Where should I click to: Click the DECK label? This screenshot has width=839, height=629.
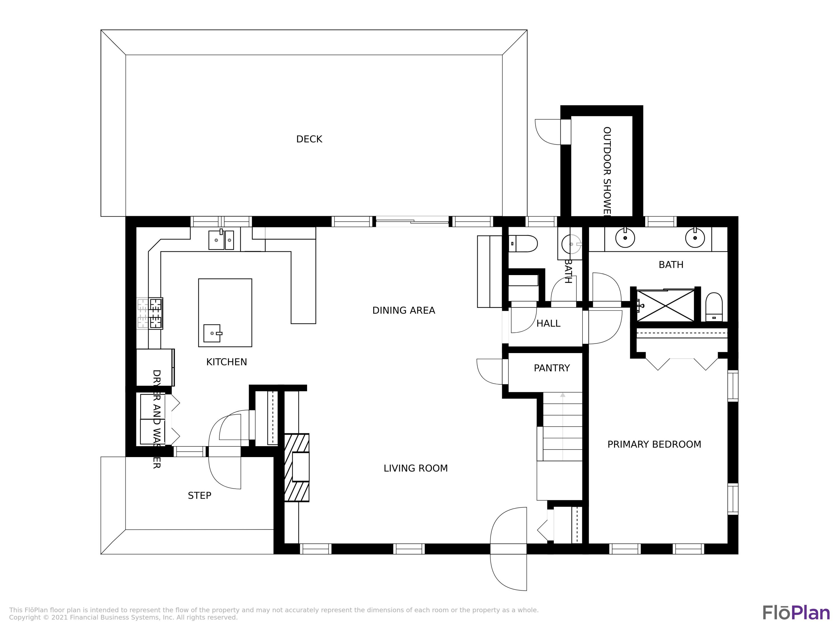pyautogui.click(x=309, y=139)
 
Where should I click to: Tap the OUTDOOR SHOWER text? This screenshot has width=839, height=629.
pyautogui.click(x=607, y=171)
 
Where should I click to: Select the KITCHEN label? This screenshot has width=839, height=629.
pyautogui.click(x=227, y=362)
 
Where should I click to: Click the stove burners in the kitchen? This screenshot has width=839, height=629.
pyautogui.click(x=155, y=313)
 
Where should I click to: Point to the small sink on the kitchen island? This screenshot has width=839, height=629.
pyautogui.click(x=212, y=333)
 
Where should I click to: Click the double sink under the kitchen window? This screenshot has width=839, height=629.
pyautogui.click(x=221, y=240)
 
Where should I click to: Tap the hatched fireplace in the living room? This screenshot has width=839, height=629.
pyautogui.click(x=297, y=467)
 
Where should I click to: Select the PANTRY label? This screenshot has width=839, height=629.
pyautogui.click(x=552, y=368)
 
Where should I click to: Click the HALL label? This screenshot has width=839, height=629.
pyautogui.click(x=548, y=323)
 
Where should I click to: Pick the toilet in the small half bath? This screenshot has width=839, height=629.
pyautogui.click(x=524, y=244)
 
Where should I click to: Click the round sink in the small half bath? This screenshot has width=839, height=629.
pyautogui.click(x=571, y=244)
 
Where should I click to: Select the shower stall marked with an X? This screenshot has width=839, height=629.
pyautogui.click(x=666, y=306)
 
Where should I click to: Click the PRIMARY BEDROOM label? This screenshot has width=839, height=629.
pyautogui.click(x=654, y=444)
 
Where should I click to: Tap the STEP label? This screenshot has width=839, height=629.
pyautogui.click(x=199, y=496)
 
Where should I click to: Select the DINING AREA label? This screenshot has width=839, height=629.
pyautogui.click(x=404, y=311)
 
